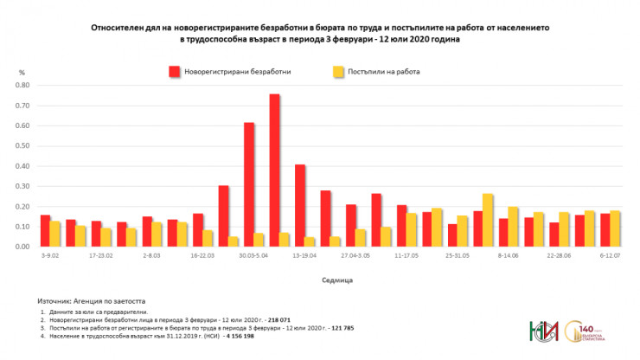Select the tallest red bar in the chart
(274, 170)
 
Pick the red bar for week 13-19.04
(300, 205)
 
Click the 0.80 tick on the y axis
(22, 86)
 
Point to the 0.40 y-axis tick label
(22, 166)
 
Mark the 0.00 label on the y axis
(22, 247)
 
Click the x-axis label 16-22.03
(204, 257)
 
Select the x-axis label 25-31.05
(458, 257)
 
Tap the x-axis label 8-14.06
(509, 257)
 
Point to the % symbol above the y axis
(22, 73)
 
